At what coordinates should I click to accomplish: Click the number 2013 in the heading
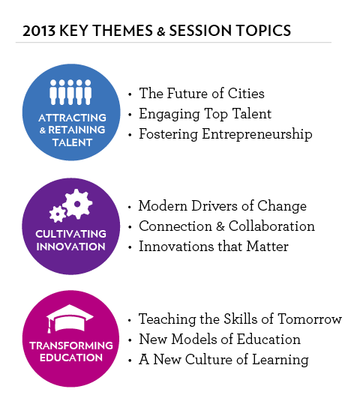point(39,31)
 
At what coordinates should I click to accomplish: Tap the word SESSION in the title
point(200,31)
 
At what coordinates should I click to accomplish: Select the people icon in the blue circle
point(70,92)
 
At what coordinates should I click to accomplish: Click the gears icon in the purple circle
point(71,205)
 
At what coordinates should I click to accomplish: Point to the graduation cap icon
point(70,319)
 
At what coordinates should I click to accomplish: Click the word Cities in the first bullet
point(246,93)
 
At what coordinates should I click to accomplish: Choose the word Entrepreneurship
point(257,134)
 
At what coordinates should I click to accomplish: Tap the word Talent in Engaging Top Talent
point(252,114)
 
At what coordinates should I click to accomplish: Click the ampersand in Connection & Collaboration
point(220,226)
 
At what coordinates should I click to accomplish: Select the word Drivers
point(214,206)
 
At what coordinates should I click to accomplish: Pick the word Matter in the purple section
point(267,247)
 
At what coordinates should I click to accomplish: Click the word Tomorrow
point(310,319)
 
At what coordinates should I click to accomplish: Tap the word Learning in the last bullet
point(280,360)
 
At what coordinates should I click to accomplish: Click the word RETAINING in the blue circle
point(76,130)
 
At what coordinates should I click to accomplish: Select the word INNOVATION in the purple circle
point(71,247)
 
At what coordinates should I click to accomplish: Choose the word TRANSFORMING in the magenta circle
point(71,346)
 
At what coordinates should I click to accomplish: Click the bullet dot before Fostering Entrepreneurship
point(130,135)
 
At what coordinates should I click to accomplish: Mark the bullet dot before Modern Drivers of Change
point(130,207)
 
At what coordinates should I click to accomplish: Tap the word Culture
point(208,360)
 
